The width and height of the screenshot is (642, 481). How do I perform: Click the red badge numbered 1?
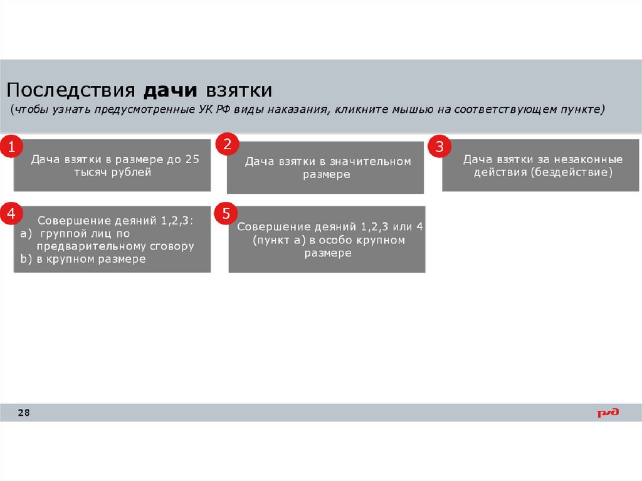pos(11,147)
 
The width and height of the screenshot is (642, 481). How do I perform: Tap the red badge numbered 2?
pos(227,144)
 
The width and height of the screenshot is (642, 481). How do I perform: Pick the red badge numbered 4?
pos(11,214)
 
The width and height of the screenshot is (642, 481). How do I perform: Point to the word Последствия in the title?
pos(71,90)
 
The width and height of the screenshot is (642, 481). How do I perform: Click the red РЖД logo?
pos(607,412)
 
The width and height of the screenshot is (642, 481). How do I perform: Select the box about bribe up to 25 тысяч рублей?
pos(112,165)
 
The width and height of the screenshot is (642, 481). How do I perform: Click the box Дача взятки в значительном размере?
pos(325,167)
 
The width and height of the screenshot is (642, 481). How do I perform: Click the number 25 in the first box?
pos(192,159)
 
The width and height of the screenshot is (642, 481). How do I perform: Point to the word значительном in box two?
pos(374,162)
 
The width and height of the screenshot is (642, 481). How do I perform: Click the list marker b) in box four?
pos(25,259)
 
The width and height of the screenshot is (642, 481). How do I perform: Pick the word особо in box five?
pos(336,240)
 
